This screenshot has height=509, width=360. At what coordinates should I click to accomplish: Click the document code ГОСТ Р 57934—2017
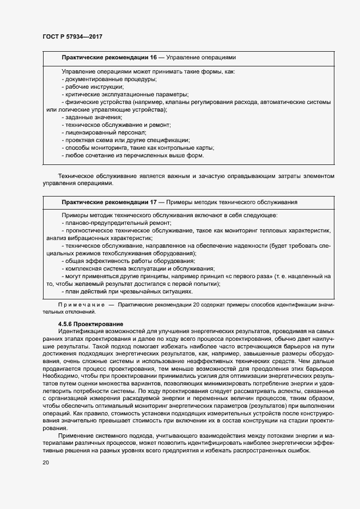pos(72,36)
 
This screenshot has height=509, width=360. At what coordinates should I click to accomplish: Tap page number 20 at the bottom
pos(46,463)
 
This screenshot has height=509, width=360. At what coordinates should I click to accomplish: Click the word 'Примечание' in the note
pos(81,305)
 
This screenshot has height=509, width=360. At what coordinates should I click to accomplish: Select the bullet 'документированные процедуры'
pos(109,79)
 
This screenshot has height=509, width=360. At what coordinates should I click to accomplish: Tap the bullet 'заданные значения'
pos(93,118)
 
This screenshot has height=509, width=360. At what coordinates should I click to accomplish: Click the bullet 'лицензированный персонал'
pos(105,133)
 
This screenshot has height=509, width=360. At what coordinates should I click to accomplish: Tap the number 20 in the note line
pos(198,305)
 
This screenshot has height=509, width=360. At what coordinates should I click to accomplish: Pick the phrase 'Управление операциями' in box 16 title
pos(201,57)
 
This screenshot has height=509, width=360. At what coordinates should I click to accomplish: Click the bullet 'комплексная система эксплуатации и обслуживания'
pos(139,269)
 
